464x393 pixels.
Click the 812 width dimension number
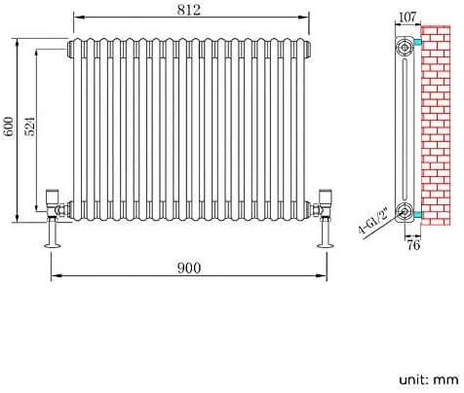190,11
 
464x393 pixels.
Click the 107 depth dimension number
406,16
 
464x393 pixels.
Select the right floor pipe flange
324,244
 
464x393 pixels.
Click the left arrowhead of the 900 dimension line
54,277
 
